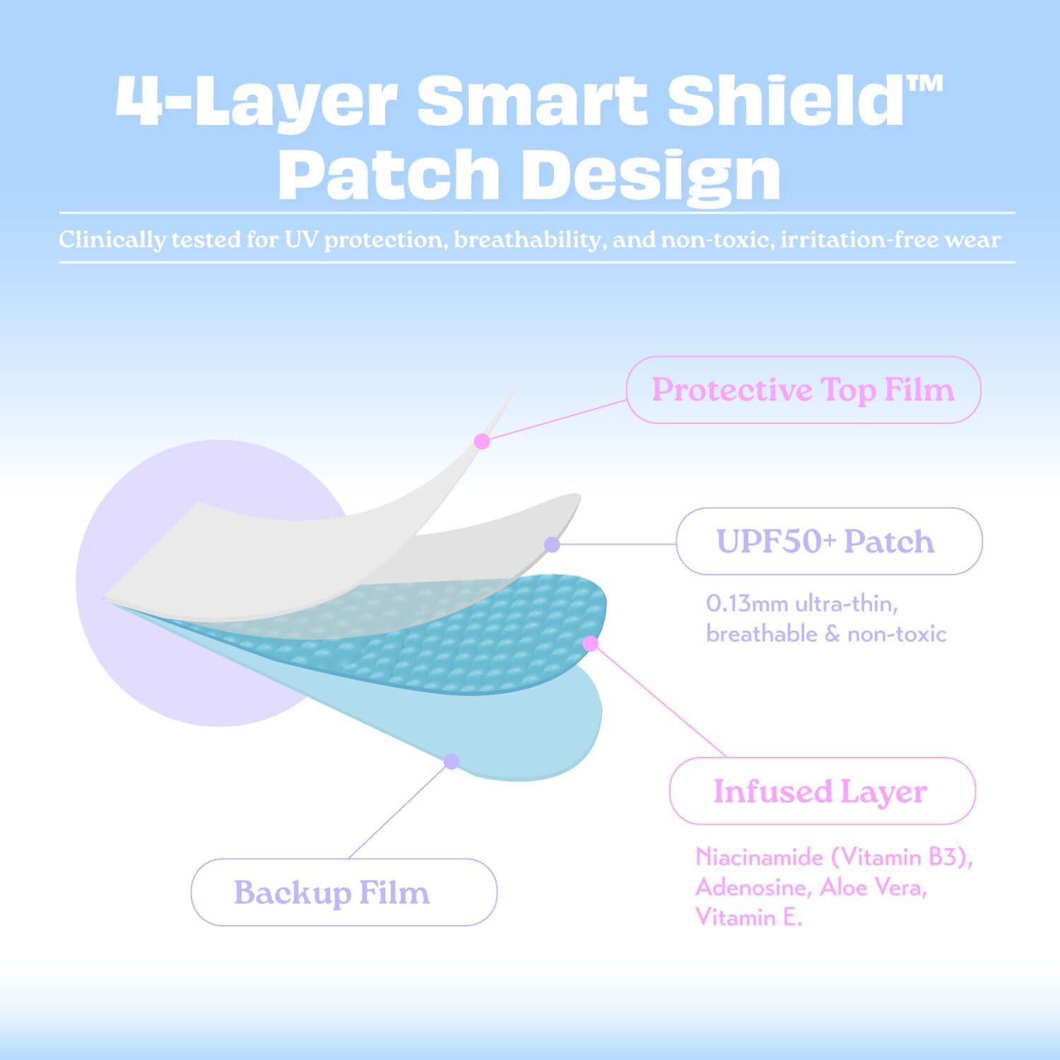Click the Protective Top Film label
803,390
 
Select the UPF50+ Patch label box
828,541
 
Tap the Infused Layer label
821,791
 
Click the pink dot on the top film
482,442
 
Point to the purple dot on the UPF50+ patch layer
552,544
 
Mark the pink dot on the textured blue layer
591,644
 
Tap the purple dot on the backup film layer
452,761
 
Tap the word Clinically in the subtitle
112,240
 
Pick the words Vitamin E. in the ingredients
748,917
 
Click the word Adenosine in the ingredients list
753,887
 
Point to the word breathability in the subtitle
527,240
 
